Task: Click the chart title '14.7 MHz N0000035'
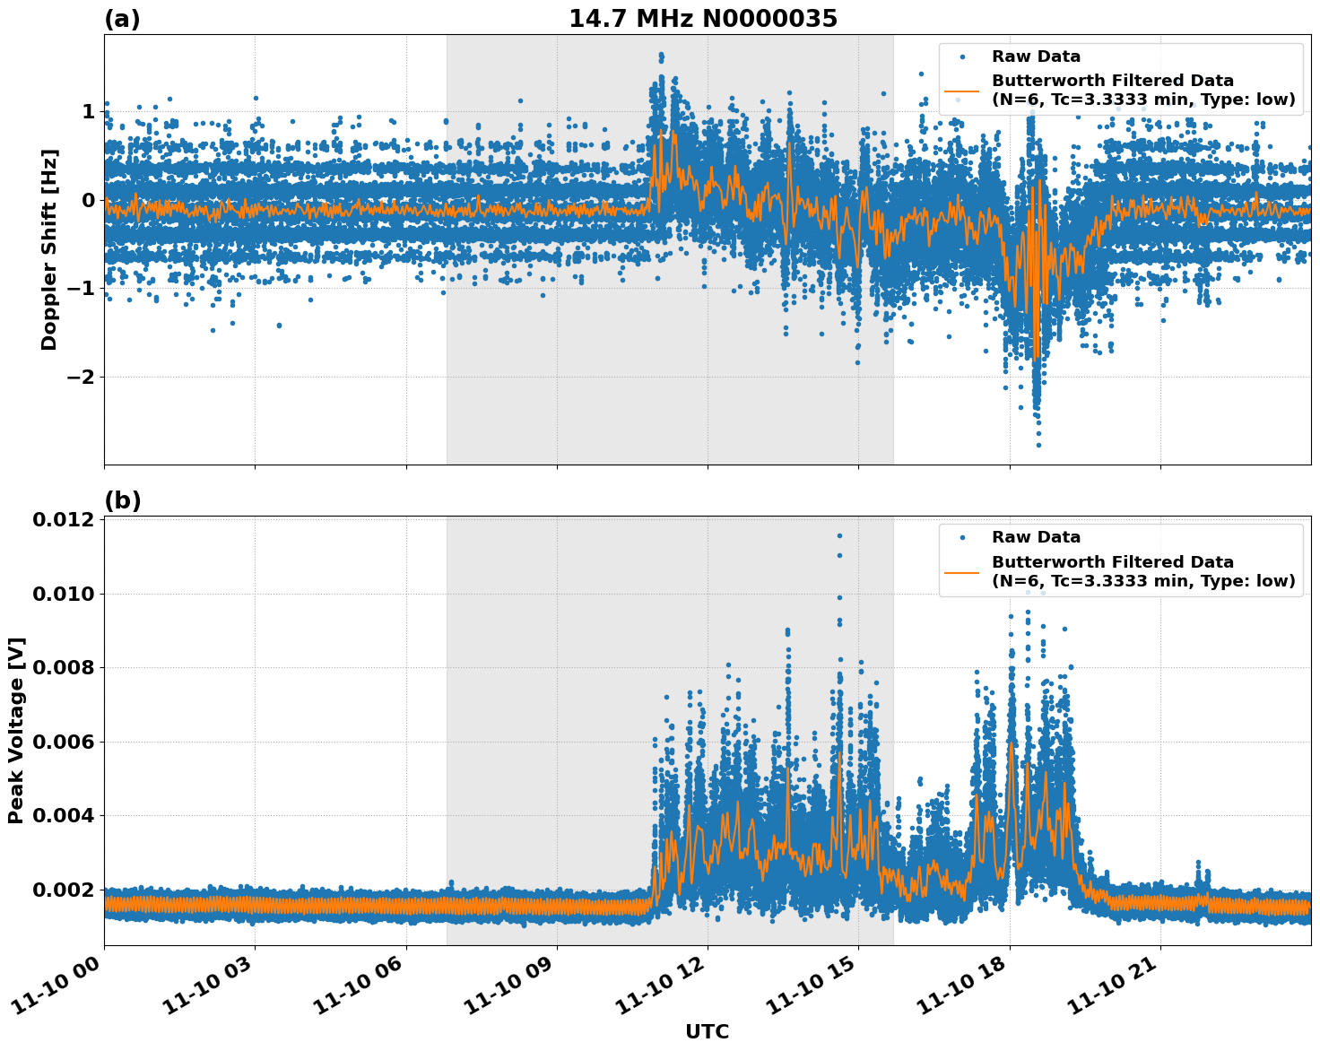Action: click(703, 19)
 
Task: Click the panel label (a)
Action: click(122, 19)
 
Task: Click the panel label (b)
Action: click(122, 500)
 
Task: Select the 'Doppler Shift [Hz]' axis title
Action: click(49, 249)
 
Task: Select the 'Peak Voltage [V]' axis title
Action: click(16, 730)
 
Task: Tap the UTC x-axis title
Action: click(707, 1031)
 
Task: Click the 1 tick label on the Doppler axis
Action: click(88, 111)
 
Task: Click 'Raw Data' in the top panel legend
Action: click(1036, 56)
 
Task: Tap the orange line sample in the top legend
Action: click(962, 90)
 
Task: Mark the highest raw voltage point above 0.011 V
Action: click(839, 536)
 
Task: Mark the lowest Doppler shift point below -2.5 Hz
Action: click(1039, 445)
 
